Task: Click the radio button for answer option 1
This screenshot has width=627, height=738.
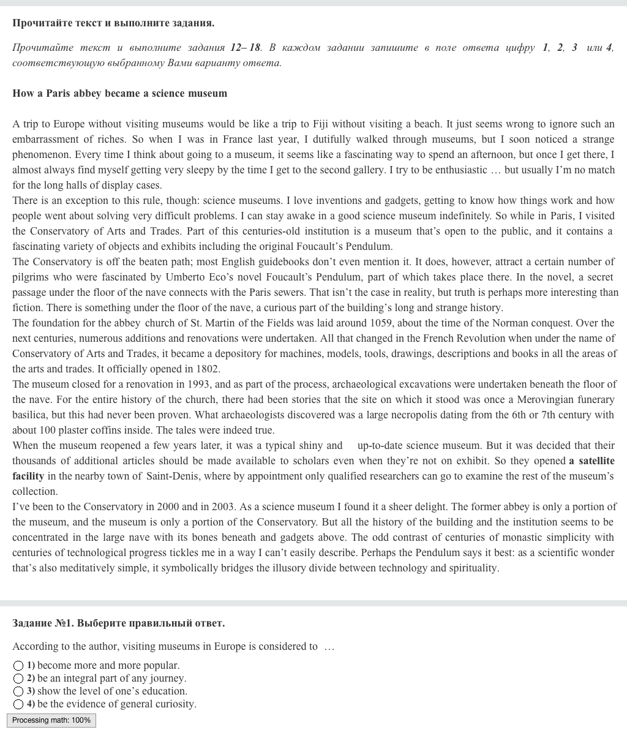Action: (x=18, y=666)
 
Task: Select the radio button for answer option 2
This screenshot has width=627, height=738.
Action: (x=18, y=679)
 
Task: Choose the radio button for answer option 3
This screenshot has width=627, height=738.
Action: (x=18, y=691)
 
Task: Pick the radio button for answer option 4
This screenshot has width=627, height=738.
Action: (x=18, y=704)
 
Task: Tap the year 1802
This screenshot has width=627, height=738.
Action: (x=208, y=369)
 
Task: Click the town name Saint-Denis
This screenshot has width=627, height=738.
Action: (x=173, y=476)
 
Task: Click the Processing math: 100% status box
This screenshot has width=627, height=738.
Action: (x=51, y=720)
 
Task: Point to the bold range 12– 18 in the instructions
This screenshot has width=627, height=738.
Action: (x=246, y=48)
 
